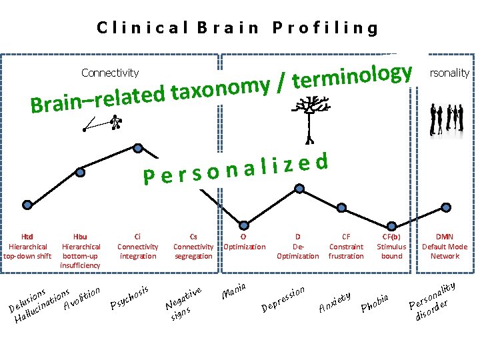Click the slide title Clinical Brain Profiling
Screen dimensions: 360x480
[x=237, y=28]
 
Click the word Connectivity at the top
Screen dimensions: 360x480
[x=110, y=73]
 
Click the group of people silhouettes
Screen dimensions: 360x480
[x=446, y=117]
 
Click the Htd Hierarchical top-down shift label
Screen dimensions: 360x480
[x=27, y=246]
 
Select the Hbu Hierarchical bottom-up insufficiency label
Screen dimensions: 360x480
[x=80, y=251]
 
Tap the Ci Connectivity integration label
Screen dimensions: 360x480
[x=138, y=246]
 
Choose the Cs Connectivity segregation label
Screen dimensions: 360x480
[x=193, y=246]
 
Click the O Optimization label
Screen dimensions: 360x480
[x=243, y=241]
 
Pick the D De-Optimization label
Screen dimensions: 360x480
[x=297, y=246]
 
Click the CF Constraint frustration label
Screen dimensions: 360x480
[x=346, y=246]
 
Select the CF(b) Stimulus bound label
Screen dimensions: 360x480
[x=391, y=246]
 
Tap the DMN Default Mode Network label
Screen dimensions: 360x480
[x=445, y=246]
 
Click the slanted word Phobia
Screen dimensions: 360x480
[x=379, y=302]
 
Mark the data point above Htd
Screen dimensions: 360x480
[x=27, y=204]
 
